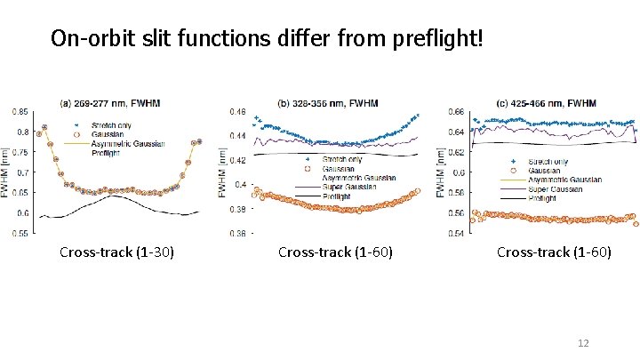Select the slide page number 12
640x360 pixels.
click(x=584, y=343)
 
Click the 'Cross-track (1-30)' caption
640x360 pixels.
click(x=116, y=252)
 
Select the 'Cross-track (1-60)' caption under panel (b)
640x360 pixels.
click(x=335, y=252)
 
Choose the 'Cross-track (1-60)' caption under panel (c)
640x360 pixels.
click(x=554, y=252)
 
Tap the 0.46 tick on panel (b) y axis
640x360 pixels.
click(x=237, y=112)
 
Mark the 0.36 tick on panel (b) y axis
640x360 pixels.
click(x=237, y=233)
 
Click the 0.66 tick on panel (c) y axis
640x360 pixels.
click(x=455, y=112)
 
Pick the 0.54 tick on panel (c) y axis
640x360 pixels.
click(x=455, y=233)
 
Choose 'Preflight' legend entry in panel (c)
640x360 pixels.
click(x=543, y=199)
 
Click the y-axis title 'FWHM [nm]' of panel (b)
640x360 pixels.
click(x=224, y=172)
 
